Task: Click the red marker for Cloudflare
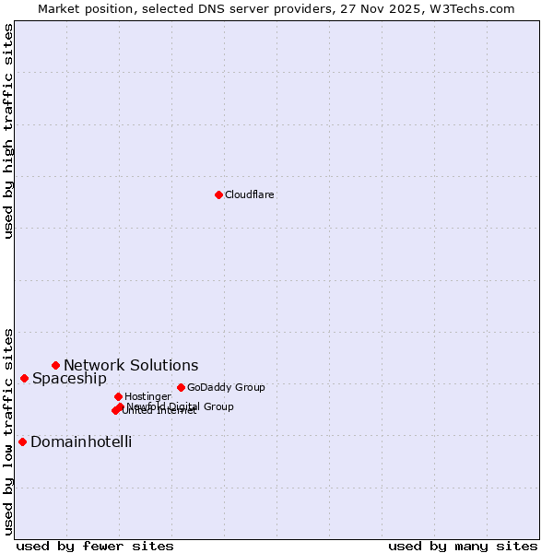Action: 218,194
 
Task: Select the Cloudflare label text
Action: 250,194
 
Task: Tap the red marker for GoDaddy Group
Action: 181,387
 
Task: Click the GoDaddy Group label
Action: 226,387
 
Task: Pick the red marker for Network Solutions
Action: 55,365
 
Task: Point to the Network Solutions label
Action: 131,365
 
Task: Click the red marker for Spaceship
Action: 24,378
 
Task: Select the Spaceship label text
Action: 69,378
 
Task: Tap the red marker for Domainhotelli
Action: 22,441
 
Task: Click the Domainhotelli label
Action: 81,441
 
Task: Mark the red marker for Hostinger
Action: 118,396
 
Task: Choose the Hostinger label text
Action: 147,396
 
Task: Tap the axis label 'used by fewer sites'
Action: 95,546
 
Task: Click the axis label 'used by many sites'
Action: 463,546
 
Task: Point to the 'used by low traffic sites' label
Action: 8,430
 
